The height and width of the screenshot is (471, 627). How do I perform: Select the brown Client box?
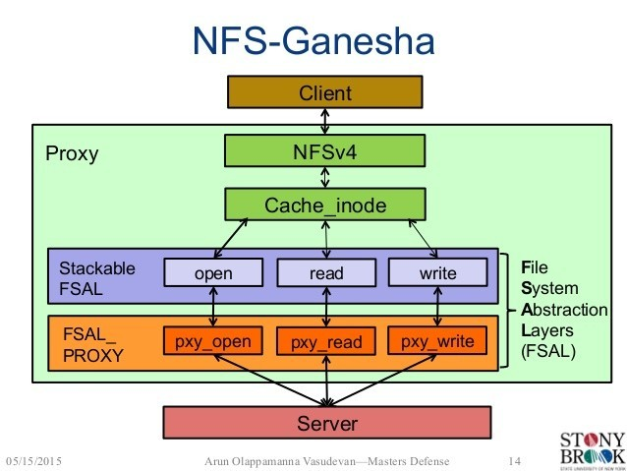pyautogui.click(x=324, y=93)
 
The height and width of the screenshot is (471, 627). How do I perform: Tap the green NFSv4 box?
pyautogui.click(x=324, y=151)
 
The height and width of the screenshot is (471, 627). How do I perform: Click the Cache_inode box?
pyautogui.click(x=324, y=205)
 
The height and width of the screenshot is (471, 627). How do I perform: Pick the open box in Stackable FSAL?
pyautogui.click(x=212, y=272)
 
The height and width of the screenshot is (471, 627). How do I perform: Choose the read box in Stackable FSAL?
pyautogui.click(x=325, y=272)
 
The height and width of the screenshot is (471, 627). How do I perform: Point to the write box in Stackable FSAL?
pyautogui.click(x=437, y=272)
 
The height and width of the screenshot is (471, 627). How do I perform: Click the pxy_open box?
pyautogui.click(x=212, y=341)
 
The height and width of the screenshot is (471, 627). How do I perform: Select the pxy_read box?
pyautogui.click(x=325, y=342)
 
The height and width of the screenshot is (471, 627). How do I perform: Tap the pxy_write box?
pyautogui.click(x=437, y=341)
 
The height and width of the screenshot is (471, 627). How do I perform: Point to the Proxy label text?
pyautogui.click(x=72, y=154)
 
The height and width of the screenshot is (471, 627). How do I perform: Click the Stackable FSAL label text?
pyautogui.click(x=97, y=277)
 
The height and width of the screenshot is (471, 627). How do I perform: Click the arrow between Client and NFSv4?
pyautogui.click(x=324, y=122)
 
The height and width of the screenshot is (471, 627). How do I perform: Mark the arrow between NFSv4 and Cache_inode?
pyautogui.click(x=324, y=178)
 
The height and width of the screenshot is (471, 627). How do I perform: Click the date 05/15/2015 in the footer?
pyautogui.click(x=41, y=460)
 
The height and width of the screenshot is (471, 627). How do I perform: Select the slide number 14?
pyautogui.click(x=512, y=460)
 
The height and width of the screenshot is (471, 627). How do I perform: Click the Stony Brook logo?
pyautogui.click(x=590, y=447)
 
